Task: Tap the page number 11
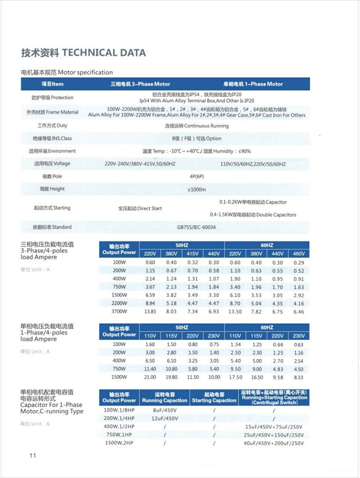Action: coord(33,455)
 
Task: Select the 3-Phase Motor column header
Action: coord(139,84)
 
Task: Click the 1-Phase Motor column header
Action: coord(252,84)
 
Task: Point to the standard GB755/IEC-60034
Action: coord(196,227)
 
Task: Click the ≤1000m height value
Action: coord(196,189)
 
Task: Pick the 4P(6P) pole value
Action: coord(196,177)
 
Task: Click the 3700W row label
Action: coord(119,312)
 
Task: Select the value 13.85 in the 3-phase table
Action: coord(150,312)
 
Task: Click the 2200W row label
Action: coord(119,304)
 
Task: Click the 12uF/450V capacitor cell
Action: coord(163,417)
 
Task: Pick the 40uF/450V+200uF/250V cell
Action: coord(274,443)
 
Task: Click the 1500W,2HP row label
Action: coord(119,443)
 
